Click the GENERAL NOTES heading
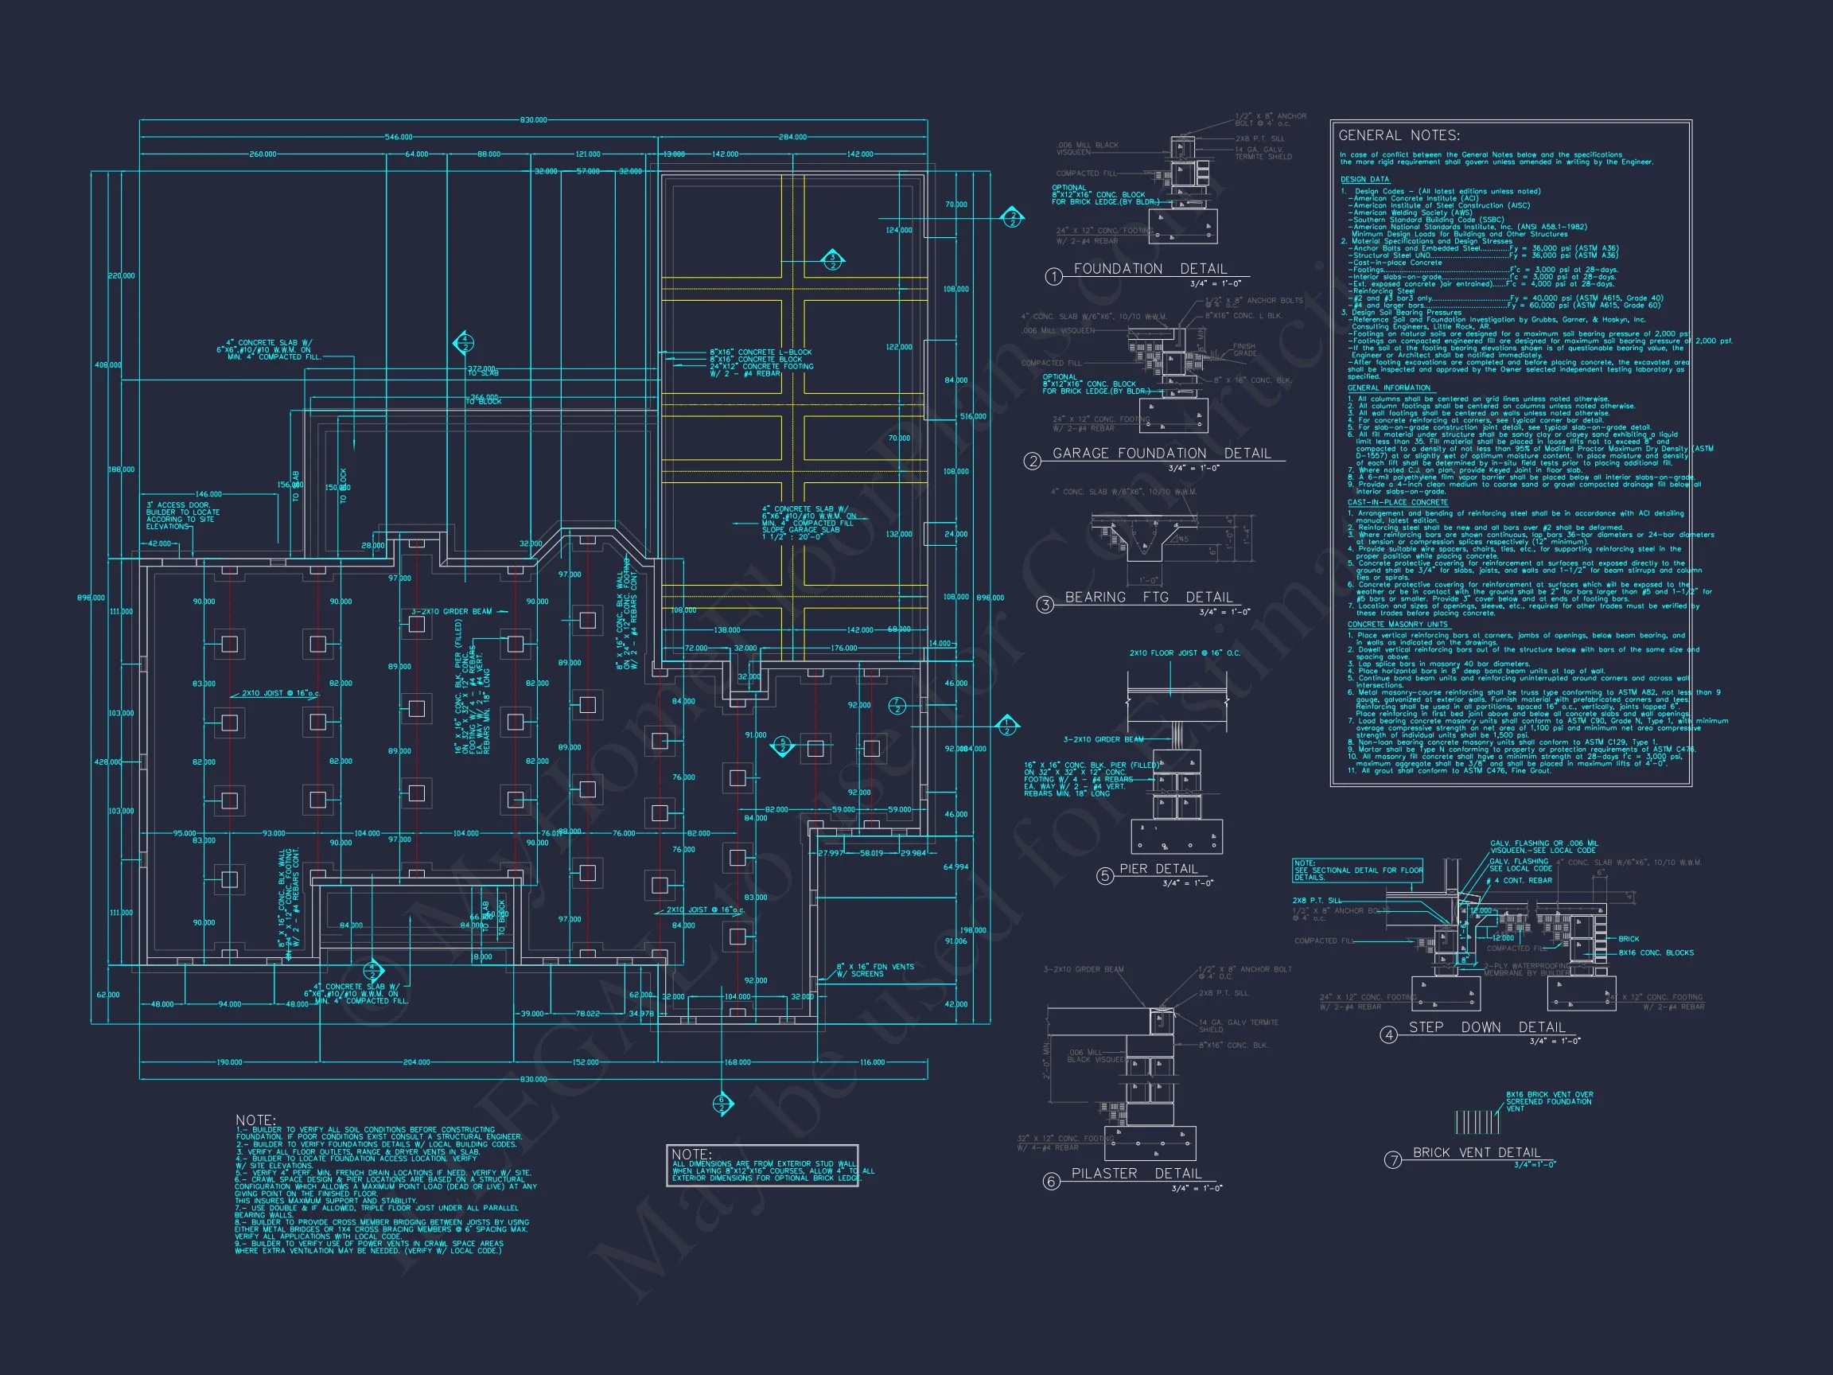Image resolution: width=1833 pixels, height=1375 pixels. pos(1399,136)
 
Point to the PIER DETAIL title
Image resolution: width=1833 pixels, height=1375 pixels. pos(1158,869)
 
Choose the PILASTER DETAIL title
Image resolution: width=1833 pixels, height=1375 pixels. pos(1136,1174)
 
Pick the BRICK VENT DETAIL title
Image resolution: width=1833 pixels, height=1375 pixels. pos(1476,1153)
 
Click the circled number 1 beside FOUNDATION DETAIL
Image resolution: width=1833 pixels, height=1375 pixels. pos(1053,277)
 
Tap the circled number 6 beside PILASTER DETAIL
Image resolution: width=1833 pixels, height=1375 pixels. pos(1051,1182)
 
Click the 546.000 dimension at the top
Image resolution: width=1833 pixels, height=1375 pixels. pos(399,137)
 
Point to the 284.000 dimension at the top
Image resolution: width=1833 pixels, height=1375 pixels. pos(792,137)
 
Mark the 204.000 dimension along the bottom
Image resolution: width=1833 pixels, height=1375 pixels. pos(416,1061)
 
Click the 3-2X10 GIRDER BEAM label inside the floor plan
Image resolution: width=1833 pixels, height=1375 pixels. pos(452,612)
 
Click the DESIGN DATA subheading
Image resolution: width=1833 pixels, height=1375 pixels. pos(1365,180)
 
